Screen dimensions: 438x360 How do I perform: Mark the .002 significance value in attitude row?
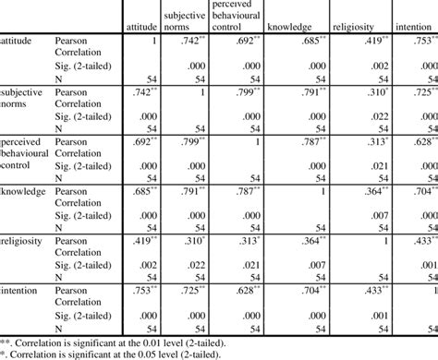coord(381,68)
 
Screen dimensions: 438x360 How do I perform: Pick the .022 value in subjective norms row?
coord(381,116)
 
